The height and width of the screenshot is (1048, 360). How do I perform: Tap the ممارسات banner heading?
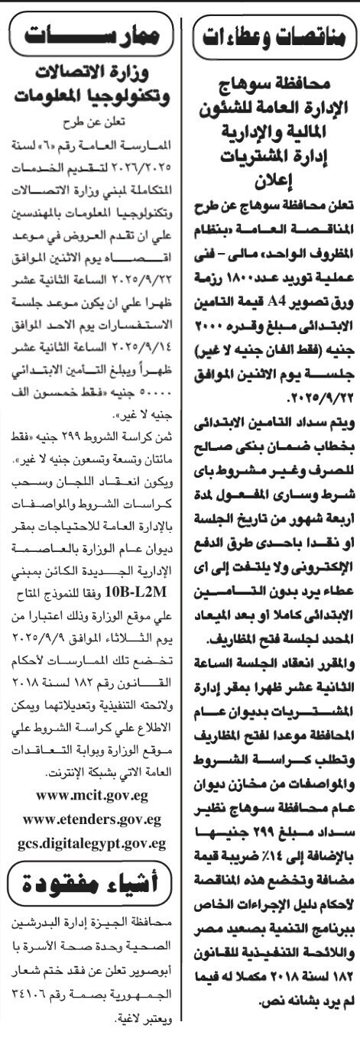(x=89, y=36)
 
